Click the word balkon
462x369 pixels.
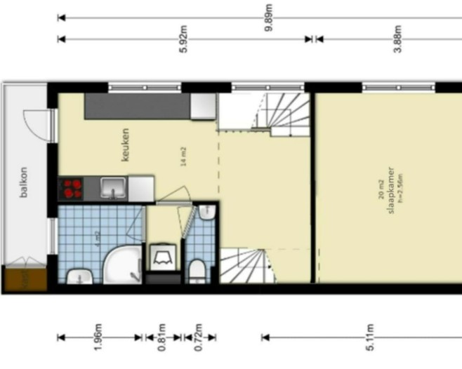[23, 182]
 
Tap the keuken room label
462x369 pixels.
[126, 145]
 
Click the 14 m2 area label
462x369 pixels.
[183, 156]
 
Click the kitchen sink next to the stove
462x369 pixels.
[112, 188]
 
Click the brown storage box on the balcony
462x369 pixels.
[24, 279]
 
